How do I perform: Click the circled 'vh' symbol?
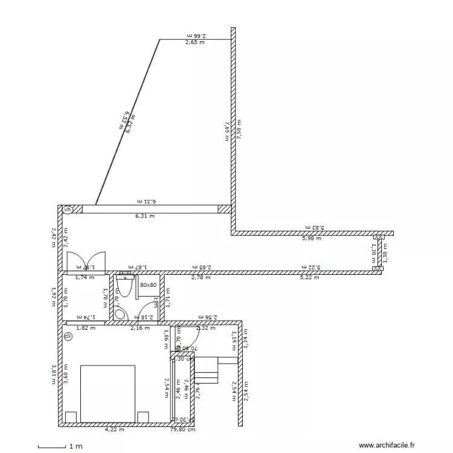coord(68,210)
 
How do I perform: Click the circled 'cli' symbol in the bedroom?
coord(68,336)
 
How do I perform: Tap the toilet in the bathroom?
coord(125,286)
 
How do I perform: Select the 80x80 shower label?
coord(148,284)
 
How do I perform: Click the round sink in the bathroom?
coord(120,313)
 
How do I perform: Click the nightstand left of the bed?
coord(71,417)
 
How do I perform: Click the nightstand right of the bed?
coord(143,417)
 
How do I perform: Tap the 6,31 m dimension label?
coord(144,216)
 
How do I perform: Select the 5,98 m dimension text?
coord(311,239)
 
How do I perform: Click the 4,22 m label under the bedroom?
coord(114,430)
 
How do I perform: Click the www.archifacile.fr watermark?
coord(387,445)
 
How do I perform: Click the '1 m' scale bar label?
coord(75,446)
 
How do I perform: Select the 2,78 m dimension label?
coord(201,278)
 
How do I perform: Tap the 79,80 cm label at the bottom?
coord(182,430)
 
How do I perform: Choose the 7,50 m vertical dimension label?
coord(239,130)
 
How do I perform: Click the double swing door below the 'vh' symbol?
coord(85,262)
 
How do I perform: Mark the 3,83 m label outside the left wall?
coord(54,374)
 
